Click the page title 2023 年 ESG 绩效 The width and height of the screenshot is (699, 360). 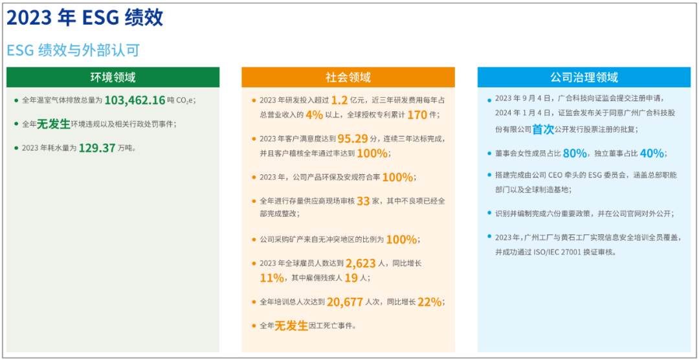tap(85, 18)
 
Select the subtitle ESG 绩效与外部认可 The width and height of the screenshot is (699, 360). tap(73, 51)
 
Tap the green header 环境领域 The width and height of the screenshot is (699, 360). tap(113, 77)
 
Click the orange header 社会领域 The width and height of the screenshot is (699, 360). tap(348, 77)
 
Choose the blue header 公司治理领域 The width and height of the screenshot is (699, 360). tap(584, 77)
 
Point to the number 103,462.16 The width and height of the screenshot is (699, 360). tap(135, 100)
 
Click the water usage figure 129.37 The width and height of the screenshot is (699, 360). tap(97, 148)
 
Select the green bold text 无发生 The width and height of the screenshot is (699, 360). tap(54, 124)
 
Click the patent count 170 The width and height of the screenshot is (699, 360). tap(417, 115)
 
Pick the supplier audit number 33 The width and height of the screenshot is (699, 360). tap(363, 201)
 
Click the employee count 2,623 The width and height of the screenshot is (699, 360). tap(361, 263)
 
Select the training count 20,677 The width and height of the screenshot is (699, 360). tap(344, 302)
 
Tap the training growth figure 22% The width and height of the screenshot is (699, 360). tap(430, 302)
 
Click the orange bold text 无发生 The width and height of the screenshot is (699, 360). tap(291, 326)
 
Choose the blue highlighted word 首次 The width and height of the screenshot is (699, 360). tap(542, 129)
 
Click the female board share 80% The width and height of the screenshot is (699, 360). tap(575, 153)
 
